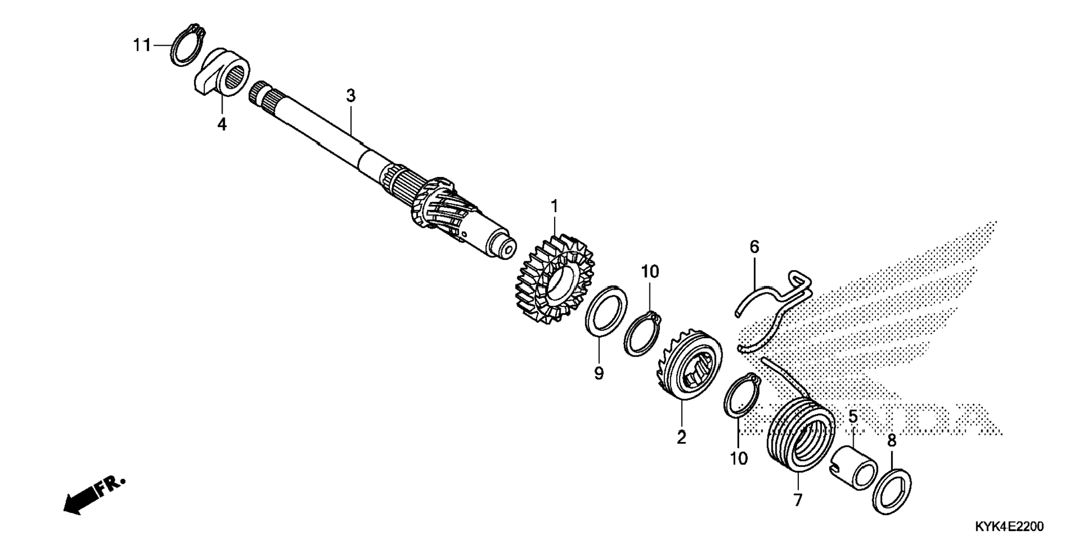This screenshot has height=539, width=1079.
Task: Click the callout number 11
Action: tap(142, 45)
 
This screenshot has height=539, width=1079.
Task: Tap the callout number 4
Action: tap(222, 124)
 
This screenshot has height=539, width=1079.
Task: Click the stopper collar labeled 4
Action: tap(221, 71)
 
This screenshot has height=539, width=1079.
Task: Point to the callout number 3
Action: tap(350, 96)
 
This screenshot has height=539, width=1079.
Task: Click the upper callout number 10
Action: tap(650, 272)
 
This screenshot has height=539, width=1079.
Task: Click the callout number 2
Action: tap(681, 437)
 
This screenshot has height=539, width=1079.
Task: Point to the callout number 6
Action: tap(754, 247)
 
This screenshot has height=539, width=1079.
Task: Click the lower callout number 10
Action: tap(738, 459)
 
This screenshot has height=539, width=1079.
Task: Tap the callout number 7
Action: tap(798, 500)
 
